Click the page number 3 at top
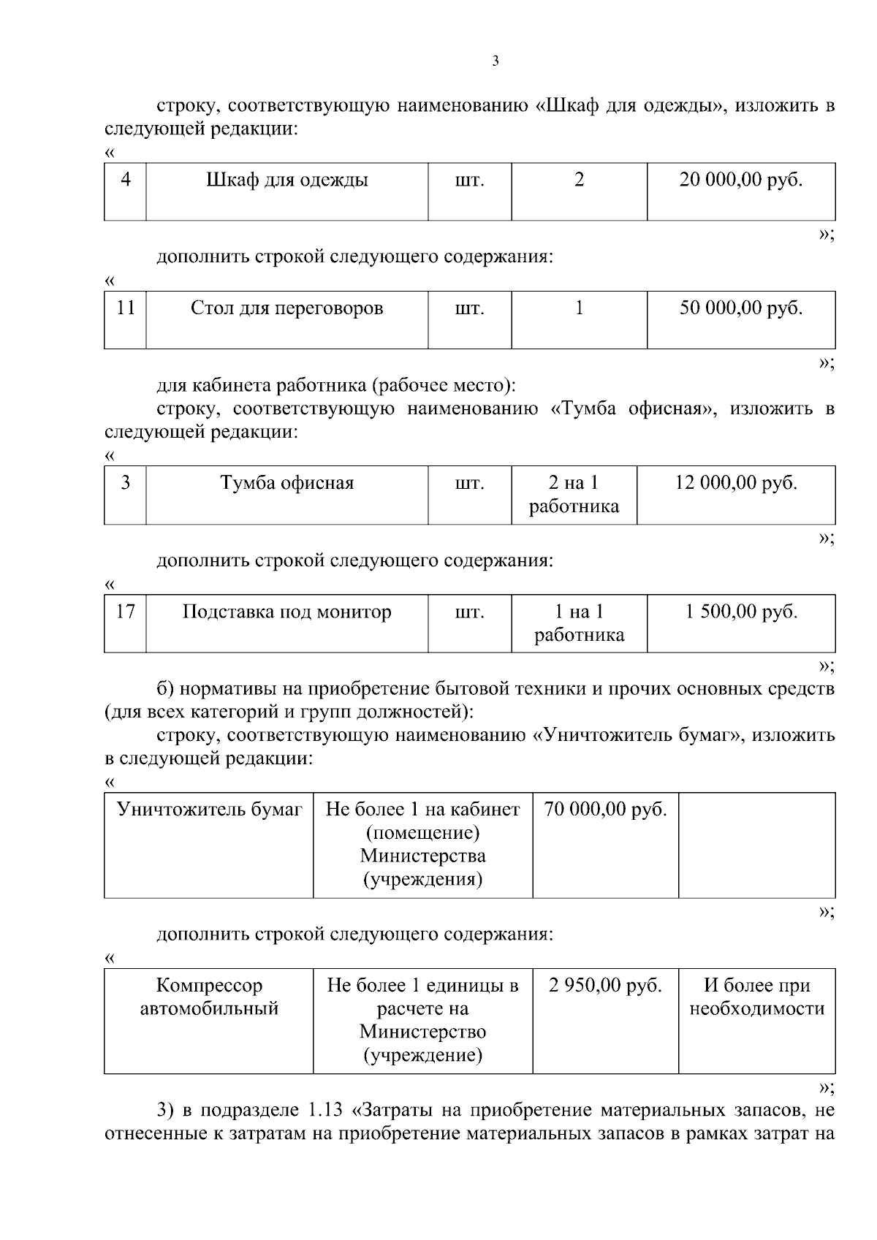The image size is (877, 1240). tap(496, 61)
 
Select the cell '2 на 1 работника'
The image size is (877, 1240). tap(574, 494)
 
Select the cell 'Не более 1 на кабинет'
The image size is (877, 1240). tap(422, 844)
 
